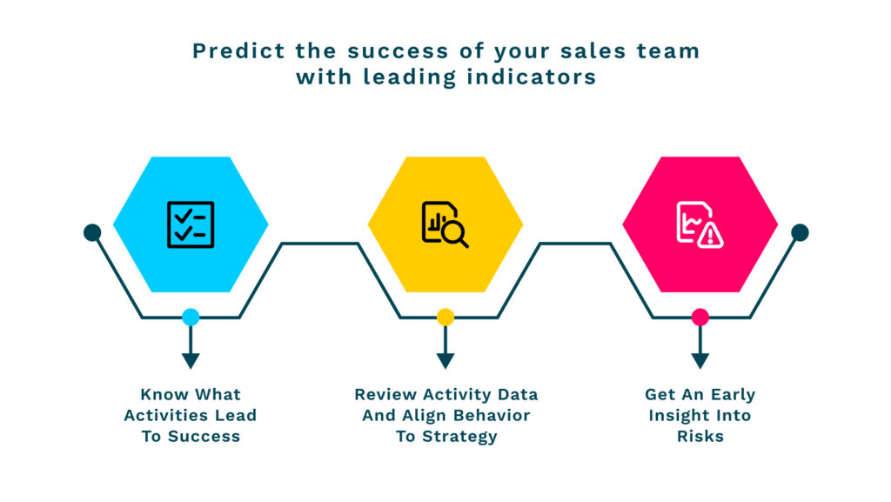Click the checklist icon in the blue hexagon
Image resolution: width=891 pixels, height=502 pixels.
point(191,224)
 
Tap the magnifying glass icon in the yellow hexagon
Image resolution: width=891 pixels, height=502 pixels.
point(454,234)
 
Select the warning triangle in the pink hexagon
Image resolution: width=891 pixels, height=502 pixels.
point(710,235)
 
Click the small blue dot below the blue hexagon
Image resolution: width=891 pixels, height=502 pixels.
point(191,317)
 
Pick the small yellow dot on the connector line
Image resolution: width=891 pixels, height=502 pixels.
point(445,317)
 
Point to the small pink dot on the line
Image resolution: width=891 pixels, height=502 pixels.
point(700,317)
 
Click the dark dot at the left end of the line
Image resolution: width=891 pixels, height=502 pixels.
point(92,232)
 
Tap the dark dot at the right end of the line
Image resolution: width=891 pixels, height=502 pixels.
point(800,232)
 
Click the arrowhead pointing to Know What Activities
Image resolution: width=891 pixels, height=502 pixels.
point(191,360)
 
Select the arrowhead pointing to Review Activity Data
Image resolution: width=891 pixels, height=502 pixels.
point(445,360)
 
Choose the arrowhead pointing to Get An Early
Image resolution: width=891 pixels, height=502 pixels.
point(700,360)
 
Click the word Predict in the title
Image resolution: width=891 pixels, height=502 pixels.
point(238,51)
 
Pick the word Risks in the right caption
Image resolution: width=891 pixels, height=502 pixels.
point(700,436)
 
